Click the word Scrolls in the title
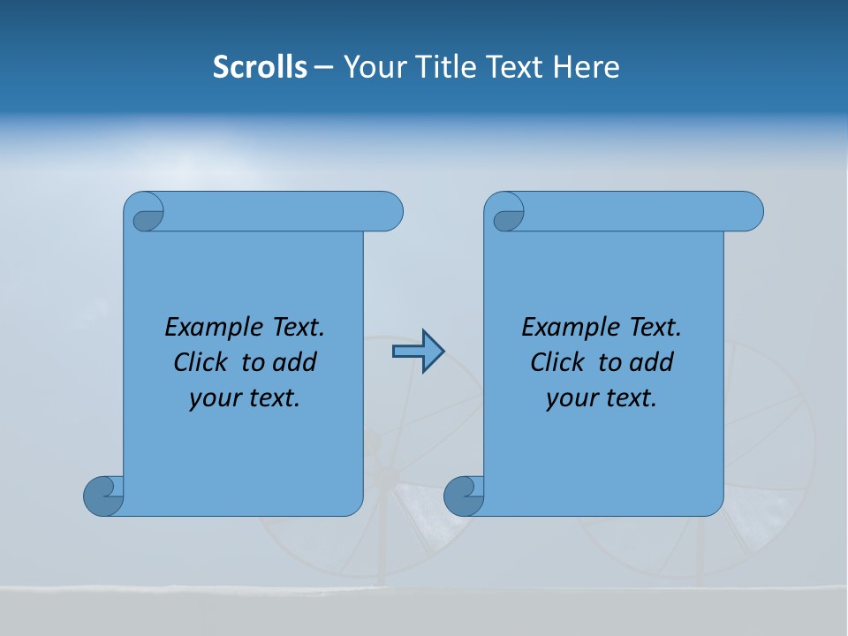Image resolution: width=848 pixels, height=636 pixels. tap(260, 67)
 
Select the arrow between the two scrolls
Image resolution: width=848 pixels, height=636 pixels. tap(418, 352)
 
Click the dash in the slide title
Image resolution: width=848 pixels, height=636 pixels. tap(323, 67)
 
